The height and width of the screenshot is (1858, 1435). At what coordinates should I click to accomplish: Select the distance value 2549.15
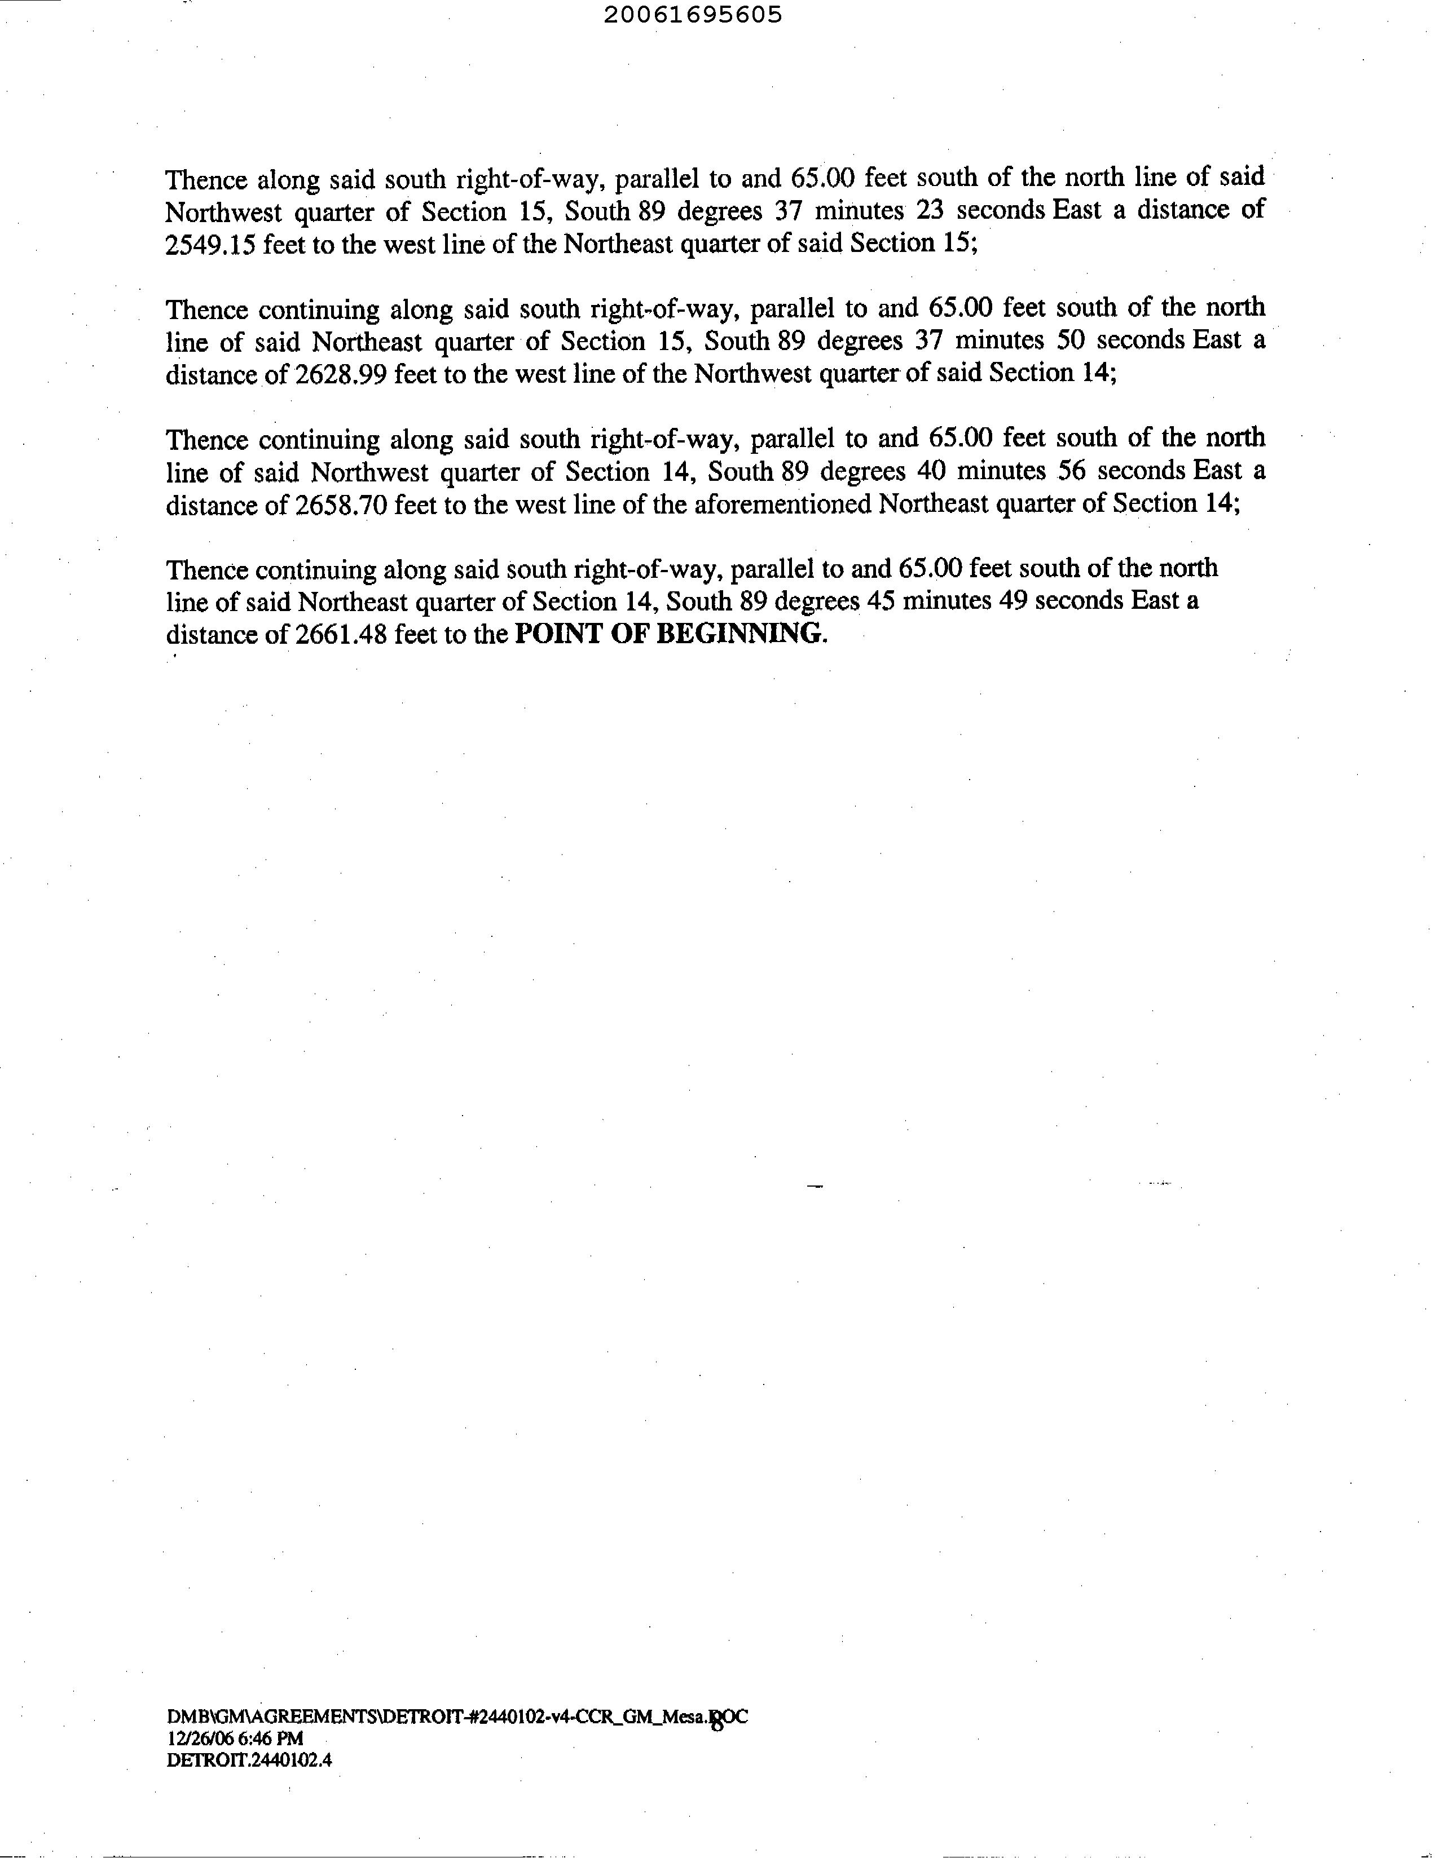[210, 244]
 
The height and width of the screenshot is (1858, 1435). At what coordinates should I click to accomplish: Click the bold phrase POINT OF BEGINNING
[671, 634]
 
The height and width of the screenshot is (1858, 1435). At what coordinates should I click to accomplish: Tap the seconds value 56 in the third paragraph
[1072, 471]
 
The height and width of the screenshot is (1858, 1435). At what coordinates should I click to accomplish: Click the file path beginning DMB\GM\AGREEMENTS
[456, 1718]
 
